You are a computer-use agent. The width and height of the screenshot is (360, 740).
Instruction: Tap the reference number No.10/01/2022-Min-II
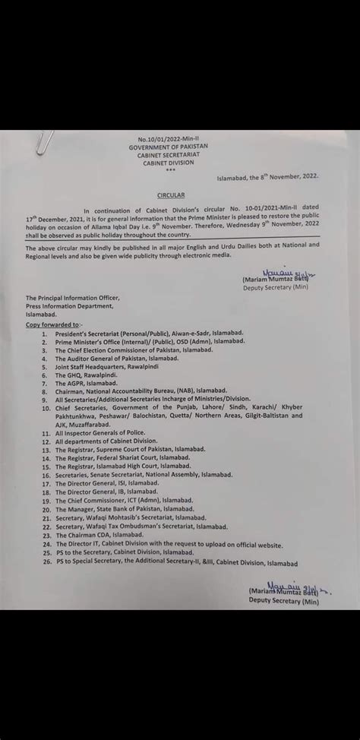tap(169, 140)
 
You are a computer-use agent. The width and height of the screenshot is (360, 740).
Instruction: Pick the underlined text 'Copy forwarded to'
tap(56, 324)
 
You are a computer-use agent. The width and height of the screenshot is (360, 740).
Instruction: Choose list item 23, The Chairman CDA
tap(103, 535)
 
